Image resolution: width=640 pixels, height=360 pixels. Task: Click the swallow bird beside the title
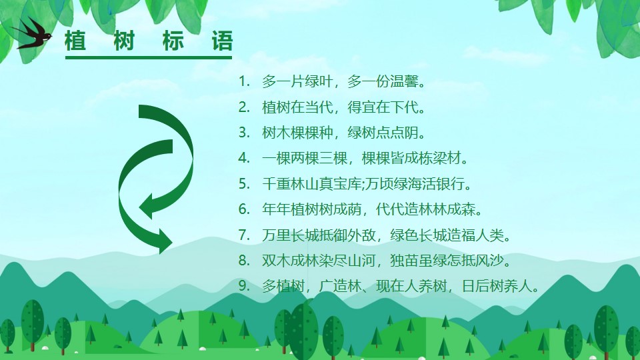[33, 34]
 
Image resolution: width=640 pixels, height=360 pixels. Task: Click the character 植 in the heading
[75, 41]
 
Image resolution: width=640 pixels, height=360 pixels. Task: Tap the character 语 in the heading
[222, 41]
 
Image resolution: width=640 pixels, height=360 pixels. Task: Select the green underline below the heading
[149, 57]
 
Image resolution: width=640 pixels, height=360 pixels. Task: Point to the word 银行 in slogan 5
[451, 184]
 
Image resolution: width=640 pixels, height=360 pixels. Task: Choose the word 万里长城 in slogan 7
[290, 235]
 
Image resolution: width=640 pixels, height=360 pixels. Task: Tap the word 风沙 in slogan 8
[490, 261]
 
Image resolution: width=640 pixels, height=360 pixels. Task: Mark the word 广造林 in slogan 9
[340, 286]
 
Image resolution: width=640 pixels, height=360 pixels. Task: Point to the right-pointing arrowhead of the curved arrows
[165, 241]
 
